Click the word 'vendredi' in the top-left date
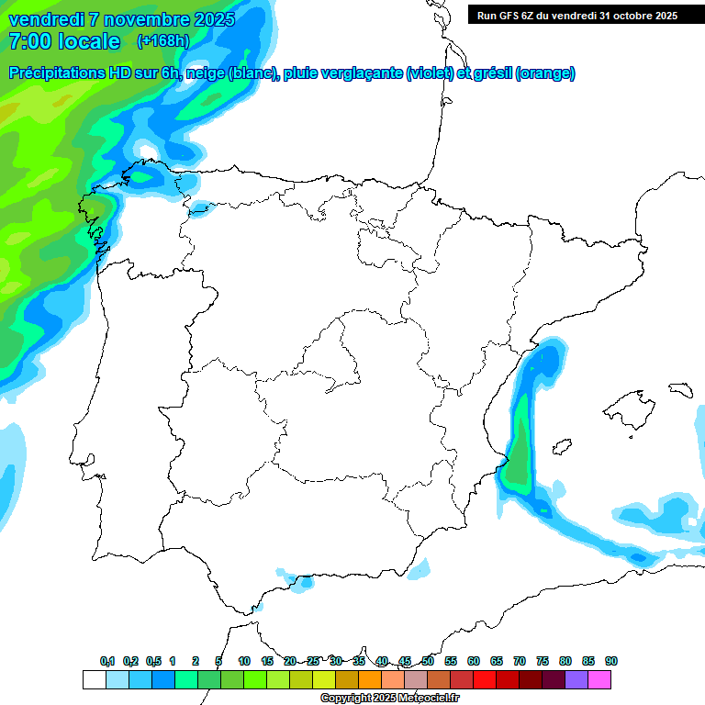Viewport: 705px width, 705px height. pyautogui.click(x=44, y=19)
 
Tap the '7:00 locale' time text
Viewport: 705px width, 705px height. pyautogui.click(x=63, y=41)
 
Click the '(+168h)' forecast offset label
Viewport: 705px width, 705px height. pyautogui.click(x=162, y=41)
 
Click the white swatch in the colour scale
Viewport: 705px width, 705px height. pyautogui.click(x=94, y=680)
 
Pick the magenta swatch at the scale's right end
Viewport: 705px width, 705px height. pyautogui.click(x=599, y=680)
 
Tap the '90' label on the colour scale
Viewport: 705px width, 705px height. pyautogui.click(x=611, y=661)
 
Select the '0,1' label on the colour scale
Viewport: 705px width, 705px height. pyautogui.click(x=107, y=661)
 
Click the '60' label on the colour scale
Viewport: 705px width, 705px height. pyautogui.click(x=474, y=661)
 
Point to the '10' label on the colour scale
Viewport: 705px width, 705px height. pyautogui.click(x=244, y=661)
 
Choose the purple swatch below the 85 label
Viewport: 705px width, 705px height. pyautogui.click(x=576, y=680)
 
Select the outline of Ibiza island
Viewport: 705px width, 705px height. pyautogui.click(x=559, y=447)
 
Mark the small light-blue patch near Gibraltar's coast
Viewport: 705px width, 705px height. pyautogui.click(x=299, y=581)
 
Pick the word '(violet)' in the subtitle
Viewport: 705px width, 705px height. pyautogui.click(x=429, y=73)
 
